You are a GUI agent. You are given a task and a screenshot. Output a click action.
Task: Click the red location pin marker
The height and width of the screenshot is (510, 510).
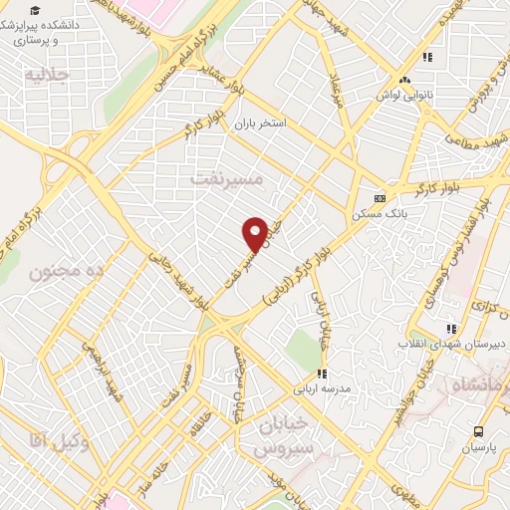click(x=255, y=234)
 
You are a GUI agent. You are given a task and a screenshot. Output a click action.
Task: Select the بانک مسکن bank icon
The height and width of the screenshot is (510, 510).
click(x=378, y=198)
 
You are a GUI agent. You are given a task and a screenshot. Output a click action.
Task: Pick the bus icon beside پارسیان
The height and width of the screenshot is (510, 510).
click(x=479, y=431)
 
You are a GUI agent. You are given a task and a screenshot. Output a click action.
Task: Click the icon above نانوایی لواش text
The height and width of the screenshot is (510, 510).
click(x=404, y=81)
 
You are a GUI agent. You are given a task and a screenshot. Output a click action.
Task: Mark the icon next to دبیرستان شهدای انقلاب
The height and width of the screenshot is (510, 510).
click(x=450, y=328)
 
